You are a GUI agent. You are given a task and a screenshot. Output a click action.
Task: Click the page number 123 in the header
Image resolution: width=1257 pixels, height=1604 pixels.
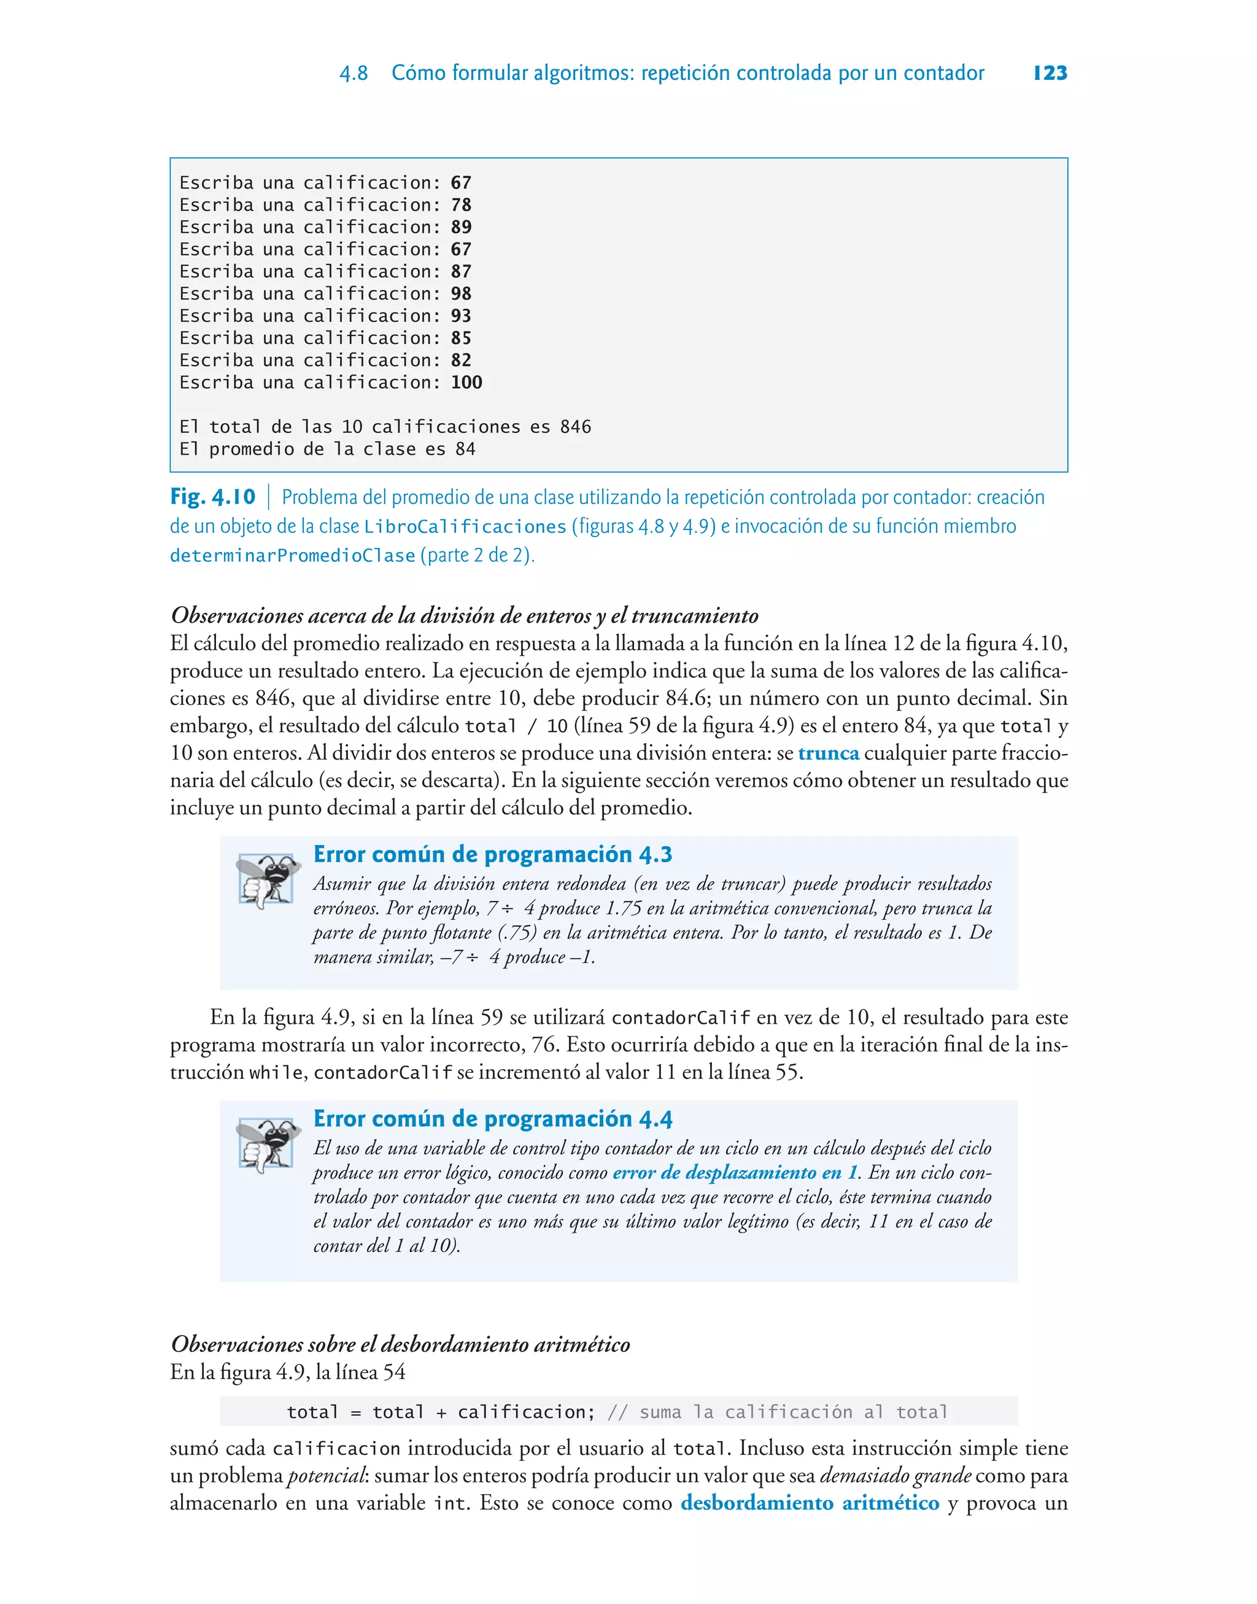point(1050,73)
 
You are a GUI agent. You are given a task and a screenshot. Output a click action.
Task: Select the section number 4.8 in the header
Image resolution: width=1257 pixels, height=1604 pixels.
point(354,74)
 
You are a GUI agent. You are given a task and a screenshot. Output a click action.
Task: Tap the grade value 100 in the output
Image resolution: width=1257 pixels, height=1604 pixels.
point(466,383)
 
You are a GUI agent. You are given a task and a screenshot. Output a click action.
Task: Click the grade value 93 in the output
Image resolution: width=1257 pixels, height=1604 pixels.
point(462,316)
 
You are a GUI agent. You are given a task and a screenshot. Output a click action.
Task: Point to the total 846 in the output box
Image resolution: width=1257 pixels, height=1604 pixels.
point(576,427)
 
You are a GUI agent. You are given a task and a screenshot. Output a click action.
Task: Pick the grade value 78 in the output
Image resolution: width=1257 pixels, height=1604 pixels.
point(462,204)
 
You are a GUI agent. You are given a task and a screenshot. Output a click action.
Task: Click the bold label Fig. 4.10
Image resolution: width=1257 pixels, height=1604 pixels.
point(213,497)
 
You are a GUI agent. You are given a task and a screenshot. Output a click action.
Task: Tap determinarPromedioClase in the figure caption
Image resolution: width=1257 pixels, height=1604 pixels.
point(292,556)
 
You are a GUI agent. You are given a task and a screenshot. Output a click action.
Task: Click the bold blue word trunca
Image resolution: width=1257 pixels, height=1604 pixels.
point(829,753)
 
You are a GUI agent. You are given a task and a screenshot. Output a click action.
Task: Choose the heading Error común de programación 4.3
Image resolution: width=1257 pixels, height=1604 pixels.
point(492,855)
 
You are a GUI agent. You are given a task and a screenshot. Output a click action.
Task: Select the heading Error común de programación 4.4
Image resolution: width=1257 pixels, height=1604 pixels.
point(492,1119)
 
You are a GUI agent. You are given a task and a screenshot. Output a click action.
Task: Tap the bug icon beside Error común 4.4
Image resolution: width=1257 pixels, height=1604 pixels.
point(268,1145)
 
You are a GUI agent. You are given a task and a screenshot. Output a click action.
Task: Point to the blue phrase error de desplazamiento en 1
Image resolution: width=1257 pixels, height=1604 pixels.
point(735,1173)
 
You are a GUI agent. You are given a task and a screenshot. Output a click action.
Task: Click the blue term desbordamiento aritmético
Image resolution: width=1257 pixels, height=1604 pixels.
point(810,1503)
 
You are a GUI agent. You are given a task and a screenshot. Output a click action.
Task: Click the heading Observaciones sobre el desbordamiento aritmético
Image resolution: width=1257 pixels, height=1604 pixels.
point(400,1344)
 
